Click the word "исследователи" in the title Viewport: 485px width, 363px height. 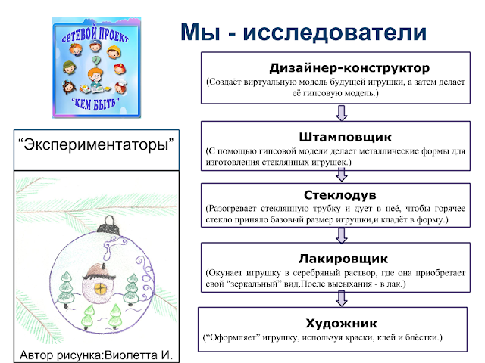(335, 32)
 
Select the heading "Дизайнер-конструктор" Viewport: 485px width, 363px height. (349, 68)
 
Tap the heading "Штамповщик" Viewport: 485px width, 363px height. (346, 137)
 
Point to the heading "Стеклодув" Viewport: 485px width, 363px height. (340, 195)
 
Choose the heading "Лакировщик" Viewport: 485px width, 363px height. (343, 259)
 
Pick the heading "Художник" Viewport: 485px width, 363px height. (342, 323)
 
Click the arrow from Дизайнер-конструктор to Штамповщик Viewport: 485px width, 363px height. (342, 113)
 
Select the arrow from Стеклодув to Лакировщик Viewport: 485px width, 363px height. (342, 235)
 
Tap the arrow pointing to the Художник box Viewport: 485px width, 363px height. (342, 299)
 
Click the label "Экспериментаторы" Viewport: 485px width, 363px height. (96, 144)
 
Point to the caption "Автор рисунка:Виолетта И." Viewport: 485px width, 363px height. (96, 355)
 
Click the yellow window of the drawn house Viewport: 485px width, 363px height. (101, 289)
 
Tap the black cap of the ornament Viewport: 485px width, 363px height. (108, 228)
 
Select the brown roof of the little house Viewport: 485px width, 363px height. (99, 271)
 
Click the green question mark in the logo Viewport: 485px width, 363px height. (96, 61)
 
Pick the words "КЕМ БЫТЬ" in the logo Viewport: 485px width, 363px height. (95, 104)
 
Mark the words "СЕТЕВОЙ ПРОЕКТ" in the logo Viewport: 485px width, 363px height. (95, 36)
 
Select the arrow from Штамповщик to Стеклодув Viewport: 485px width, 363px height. (342, 175)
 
